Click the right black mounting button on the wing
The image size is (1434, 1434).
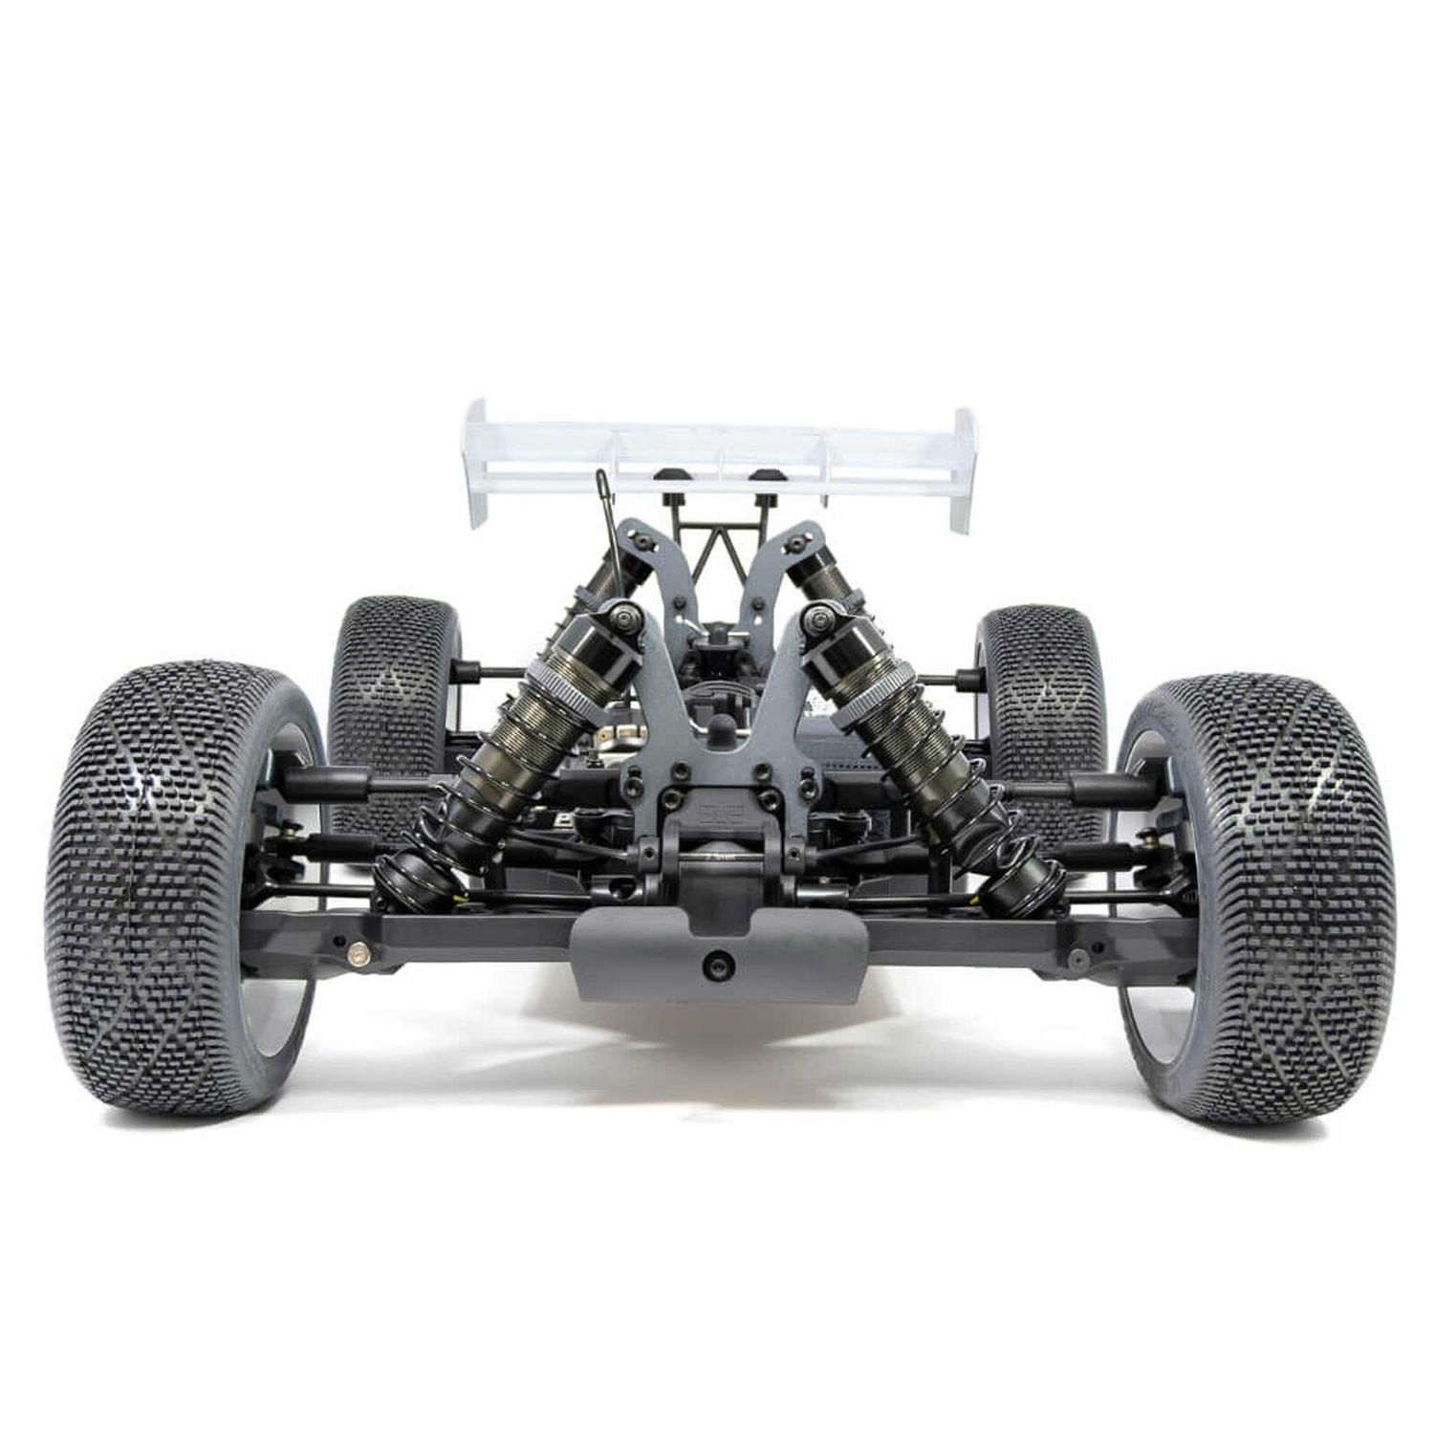762,477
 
